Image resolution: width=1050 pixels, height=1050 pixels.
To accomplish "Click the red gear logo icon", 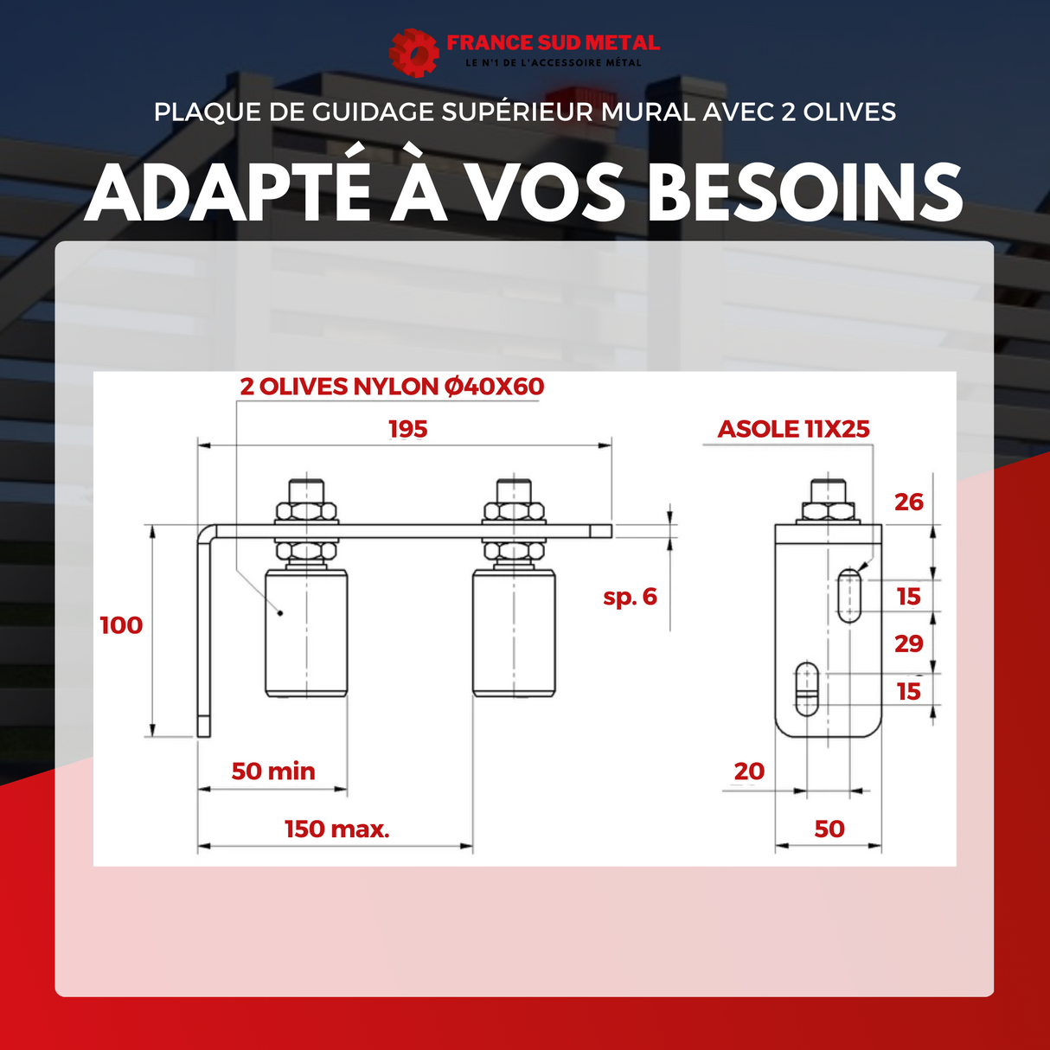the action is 413,53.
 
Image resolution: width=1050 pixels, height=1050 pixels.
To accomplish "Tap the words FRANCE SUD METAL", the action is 553,42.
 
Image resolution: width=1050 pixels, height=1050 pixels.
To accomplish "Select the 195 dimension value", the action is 408,429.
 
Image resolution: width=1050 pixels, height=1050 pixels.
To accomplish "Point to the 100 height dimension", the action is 121,625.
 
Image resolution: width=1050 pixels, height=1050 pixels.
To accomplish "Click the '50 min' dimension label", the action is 273,771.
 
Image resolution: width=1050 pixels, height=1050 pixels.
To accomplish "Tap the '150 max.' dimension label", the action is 336,829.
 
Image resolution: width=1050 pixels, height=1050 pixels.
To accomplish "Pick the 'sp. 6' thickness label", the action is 630,597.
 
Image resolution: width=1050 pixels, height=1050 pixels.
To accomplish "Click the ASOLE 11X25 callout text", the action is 793,429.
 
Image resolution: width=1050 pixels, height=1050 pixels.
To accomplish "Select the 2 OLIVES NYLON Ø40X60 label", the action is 392,387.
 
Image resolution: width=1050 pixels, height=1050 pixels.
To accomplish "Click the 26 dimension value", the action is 909,502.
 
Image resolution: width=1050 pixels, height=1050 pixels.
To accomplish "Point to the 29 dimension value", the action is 909,643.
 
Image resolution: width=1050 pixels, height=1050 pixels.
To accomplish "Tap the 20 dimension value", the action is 749,771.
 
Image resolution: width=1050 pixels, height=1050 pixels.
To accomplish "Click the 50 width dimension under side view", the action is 829,829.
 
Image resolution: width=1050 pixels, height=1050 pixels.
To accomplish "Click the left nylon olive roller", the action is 306,632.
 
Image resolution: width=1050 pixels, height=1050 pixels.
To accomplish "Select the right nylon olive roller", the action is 514,632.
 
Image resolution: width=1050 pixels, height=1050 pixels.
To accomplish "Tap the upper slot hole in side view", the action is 849,596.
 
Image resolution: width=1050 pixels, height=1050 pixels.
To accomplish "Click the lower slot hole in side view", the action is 807,689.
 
